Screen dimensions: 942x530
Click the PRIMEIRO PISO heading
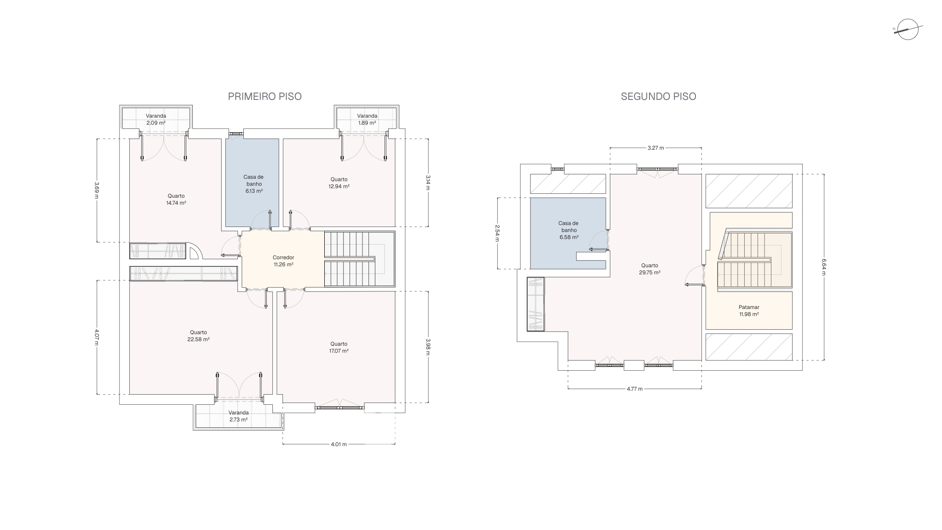[x=265, y=96]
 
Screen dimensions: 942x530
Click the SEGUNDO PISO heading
[x=658, y=96]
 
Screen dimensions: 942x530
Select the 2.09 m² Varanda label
[x=156, y=119]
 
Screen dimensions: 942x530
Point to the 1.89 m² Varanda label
[x=367, y=119]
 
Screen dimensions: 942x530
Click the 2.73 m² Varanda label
[x=239, y=416]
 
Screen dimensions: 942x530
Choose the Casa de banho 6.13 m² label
[x=253, y=184]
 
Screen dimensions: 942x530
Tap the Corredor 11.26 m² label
[x=283, y=261]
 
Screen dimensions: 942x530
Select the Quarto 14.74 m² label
[x=176, y=199]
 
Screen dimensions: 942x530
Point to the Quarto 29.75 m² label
[x=649, y=269]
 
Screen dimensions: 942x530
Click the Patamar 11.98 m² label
[x=749, y=311]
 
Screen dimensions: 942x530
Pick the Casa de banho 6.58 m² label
[x=569, y=230]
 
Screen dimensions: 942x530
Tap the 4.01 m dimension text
[x=339, y=444]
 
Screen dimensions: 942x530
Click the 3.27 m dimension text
[x=655, y=148]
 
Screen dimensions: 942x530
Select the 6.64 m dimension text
[x=823, y=267]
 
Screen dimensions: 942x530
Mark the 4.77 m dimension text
[x=635, y=389]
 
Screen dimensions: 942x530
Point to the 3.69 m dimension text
[x=97, y=190]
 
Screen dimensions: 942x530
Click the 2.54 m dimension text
[x=497, y=233]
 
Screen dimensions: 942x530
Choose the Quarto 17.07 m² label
[x=339, y=347]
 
